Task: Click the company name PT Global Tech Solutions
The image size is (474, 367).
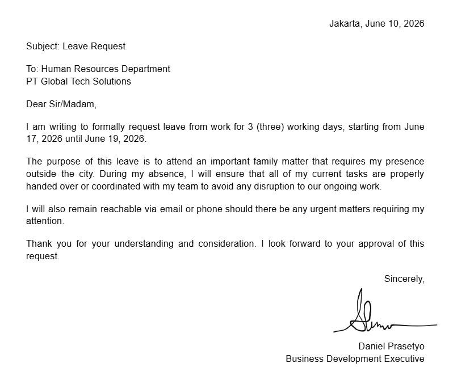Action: (x=78, y=81)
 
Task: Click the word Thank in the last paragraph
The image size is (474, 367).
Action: (x=39, y=244)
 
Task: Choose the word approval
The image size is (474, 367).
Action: (x=379, y=244)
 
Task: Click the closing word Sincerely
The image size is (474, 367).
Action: (x=404, y=279)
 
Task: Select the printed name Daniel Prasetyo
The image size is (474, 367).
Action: (x=391, y=347)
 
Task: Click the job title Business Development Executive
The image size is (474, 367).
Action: (x=355, y=358)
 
